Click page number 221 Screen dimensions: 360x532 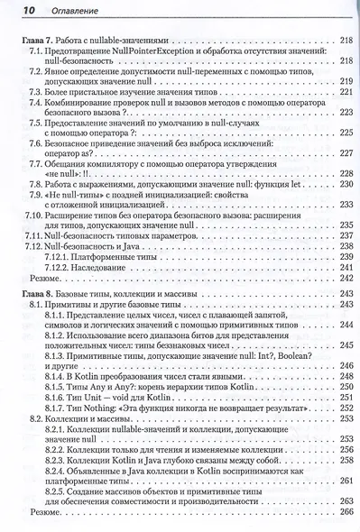click(x=344, y=92)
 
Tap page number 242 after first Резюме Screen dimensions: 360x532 click(x=344, y=280)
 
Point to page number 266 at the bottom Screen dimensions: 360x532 click(x=344, y=509)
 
